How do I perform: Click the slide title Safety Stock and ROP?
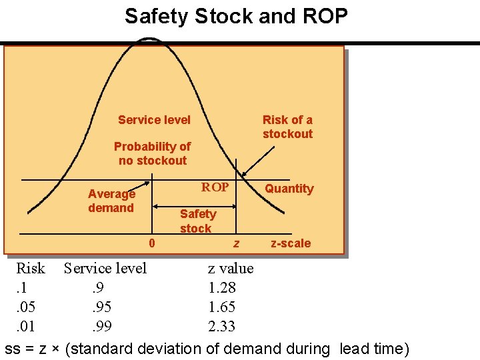coord(236,16)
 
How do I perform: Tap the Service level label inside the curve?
coord(154,120)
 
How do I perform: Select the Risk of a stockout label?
coord(287,127)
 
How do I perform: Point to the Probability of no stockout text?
coord(152,153)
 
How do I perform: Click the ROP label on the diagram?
coord(215,187)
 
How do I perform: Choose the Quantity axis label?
coord(289,189)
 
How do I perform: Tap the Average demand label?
coord(111,201)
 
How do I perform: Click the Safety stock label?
coord(197,221)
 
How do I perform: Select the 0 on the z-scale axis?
coord(152,243)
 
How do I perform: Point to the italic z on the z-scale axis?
coord(236,244)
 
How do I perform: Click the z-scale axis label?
coord(291,243)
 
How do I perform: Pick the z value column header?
coord(231,269)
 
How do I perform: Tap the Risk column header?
coord(31,269)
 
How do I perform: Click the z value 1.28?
coord(221,288)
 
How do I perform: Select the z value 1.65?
coord(221,307)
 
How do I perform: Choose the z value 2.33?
coord(221,327)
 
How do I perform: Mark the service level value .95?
coord(101,307)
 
